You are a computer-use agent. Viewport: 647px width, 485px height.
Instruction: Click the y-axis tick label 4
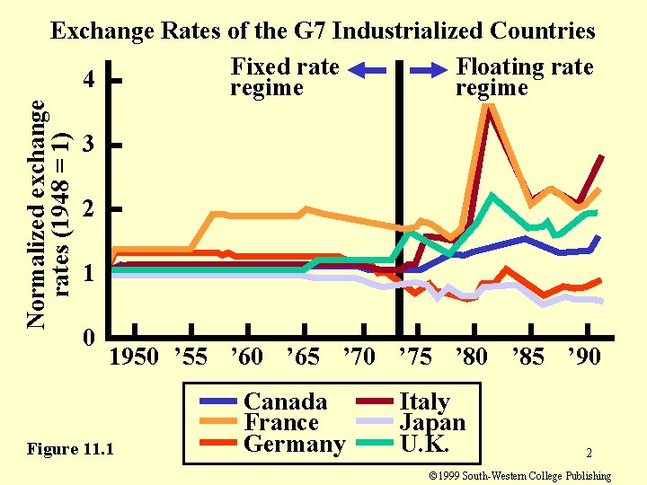pyautogui.click(x=89, y=80)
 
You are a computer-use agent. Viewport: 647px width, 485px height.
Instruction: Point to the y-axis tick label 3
pyautogui.click(x=87, y=145)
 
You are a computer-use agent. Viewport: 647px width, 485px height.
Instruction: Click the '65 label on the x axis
pyautogui.click(x=302, y=357)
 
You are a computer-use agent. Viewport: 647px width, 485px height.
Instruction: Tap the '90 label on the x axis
pyautogui.click(x=583, y=357)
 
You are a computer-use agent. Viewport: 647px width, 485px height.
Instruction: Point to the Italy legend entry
pyautogui.click(x=424, y=401)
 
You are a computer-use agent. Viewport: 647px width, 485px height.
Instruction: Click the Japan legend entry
pyautogui.click(x=431, y=423)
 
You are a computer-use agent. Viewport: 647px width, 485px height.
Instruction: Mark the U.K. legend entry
pyautogui.click(x=424, y=445)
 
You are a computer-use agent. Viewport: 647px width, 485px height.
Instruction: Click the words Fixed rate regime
pyautogui.click(x=285, y=77)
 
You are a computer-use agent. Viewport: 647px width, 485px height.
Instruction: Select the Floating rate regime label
pyautogui.click(x=525, y=77)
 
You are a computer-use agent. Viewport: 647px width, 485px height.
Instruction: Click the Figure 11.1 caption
pyautogui.click(x=71, y=448)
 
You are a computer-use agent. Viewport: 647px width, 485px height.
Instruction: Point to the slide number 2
pyautogui.click(x=589, y=454)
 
